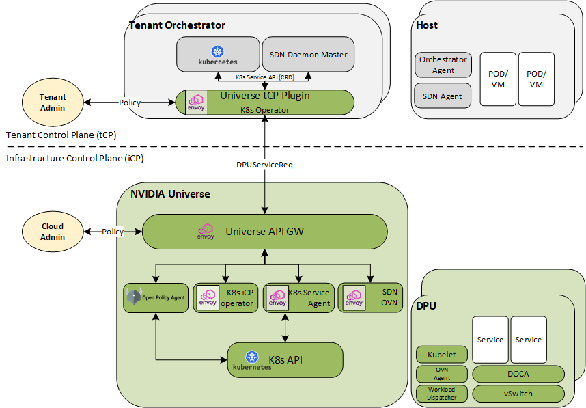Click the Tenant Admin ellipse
(53, 103)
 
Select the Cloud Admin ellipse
(53, 232)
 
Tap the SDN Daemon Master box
(308, 55)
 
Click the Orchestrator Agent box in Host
(443, 65)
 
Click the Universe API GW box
(264, 232)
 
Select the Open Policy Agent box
(156, 298)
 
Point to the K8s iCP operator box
(226, 298)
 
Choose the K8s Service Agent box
(299, 298)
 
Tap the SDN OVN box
(370, 298)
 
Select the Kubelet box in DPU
(442, 355)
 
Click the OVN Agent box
(442, 374)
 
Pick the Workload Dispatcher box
(442, 394)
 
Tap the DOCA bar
(518, 374)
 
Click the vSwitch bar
(518, 394)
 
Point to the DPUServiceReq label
(264, 165)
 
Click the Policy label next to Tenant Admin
(130, 103)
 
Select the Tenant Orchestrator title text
(177, 25)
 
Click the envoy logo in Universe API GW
(206, 232)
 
